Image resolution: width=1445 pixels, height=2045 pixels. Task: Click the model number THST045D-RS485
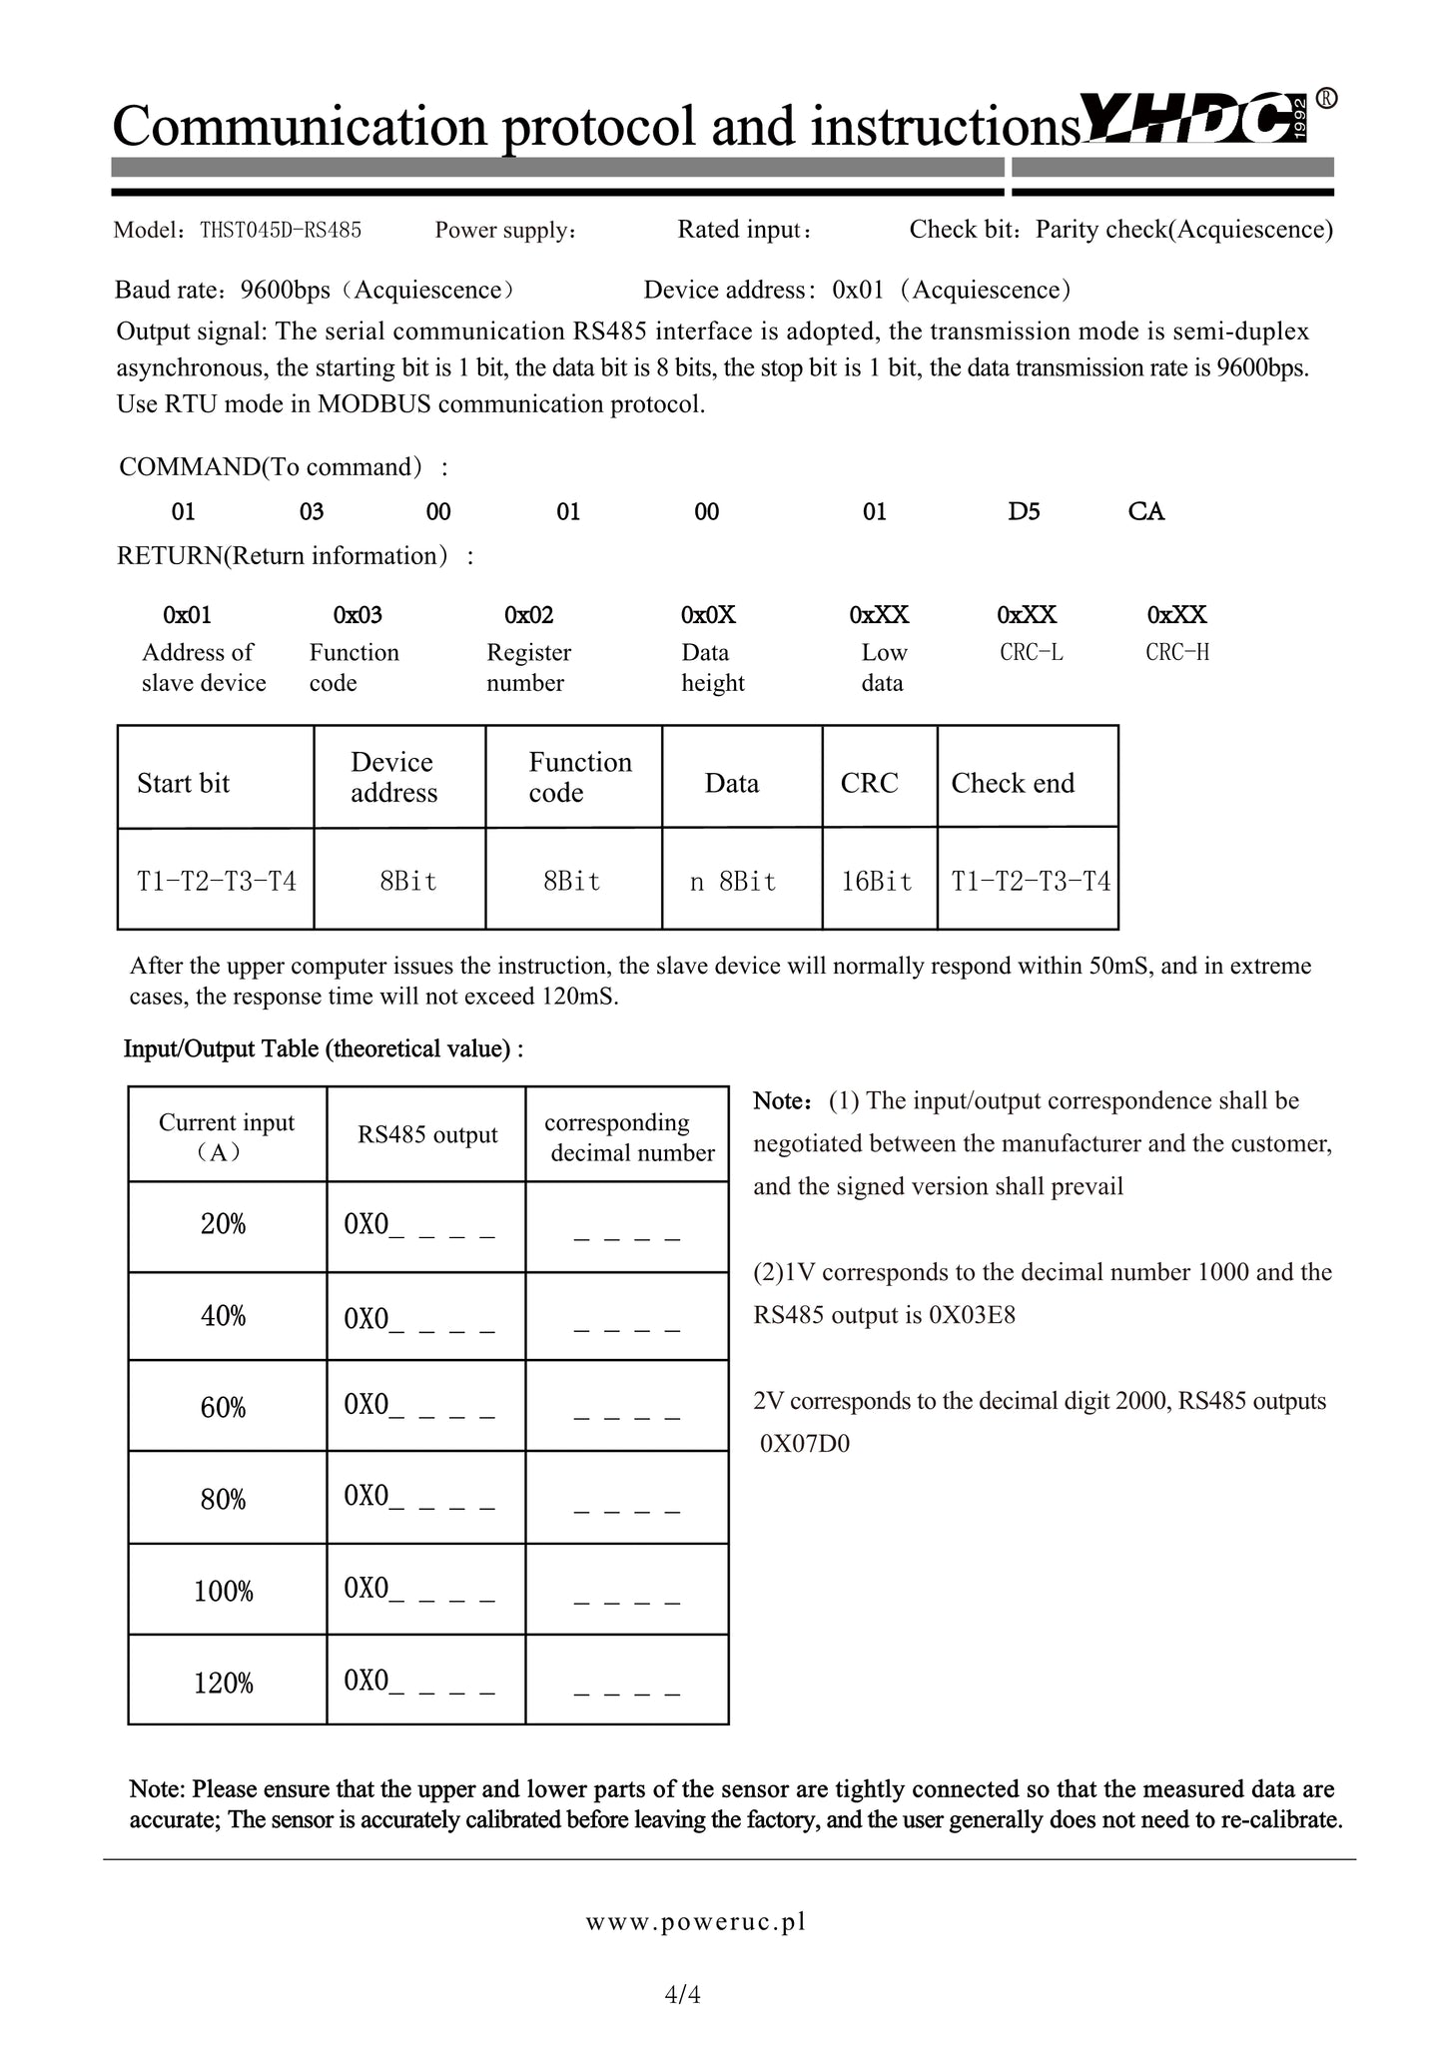coord(281,231)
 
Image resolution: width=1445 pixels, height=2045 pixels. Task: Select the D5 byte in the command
coord(1024,512)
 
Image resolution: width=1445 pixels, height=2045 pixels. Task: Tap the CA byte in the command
coord(1146,512)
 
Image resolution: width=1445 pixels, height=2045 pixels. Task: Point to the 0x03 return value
coord(358,615)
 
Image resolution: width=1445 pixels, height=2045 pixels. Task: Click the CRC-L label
coord(1032,653)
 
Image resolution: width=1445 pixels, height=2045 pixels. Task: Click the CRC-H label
coord(1177,653)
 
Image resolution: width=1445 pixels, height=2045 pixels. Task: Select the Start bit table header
coord(184,784)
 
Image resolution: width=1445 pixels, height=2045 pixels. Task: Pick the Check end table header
coord(1013,784)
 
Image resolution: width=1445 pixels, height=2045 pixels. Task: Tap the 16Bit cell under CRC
coord(877,882)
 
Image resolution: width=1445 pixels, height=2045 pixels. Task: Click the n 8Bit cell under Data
coord(733,882)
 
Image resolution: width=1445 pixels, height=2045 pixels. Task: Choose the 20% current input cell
coord(224,1225)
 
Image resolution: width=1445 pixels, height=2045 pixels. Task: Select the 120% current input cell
coord(224,1685)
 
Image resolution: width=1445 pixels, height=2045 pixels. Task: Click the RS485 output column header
coord(427,1135)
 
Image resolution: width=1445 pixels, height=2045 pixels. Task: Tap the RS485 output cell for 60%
coord(419,1406)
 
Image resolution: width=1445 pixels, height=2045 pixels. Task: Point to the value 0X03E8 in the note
coord(972,1315)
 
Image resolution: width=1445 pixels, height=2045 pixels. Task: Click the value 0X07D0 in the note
coord(805,1444)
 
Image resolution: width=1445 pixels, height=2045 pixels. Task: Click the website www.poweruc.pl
coord(696,1921)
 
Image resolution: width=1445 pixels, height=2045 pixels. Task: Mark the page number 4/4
coord(683,1995)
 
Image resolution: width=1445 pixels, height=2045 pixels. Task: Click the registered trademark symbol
coord(1326,99)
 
